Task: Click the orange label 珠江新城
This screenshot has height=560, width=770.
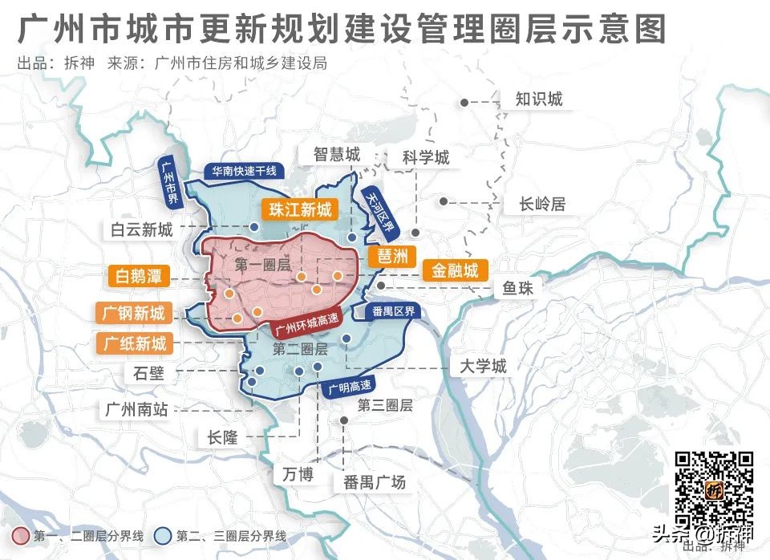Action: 299,210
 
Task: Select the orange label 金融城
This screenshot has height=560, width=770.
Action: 455,270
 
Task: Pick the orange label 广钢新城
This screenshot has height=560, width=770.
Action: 133,313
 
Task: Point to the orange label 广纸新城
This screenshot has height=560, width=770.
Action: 135,343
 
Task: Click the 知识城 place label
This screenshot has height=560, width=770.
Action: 538,99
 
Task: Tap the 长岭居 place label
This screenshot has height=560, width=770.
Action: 542,204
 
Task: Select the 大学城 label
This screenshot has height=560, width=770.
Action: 483,367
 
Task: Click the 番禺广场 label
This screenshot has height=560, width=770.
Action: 375,482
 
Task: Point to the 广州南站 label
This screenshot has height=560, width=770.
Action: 136,408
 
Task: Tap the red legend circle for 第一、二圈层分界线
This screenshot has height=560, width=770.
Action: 22,536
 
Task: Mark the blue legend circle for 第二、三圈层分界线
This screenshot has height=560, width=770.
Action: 164,536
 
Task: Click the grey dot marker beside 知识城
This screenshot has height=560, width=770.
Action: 464,102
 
